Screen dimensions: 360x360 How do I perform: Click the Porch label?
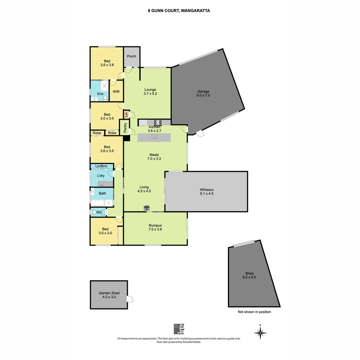pos(132,56)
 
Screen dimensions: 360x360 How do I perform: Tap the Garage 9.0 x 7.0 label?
pos(203,93)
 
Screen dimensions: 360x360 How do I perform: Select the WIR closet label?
pos(116,91)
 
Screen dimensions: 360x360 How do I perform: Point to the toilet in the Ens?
pos(105,98)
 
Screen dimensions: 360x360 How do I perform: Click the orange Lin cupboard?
pos(126,114)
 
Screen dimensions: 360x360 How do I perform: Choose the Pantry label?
pos(125,128)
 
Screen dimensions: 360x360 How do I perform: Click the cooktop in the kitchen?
pos(158,122)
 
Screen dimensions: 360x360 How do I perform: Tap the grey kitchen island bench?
pos(154,138)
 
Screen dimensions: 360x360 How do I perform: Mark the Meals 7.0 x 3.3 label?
pos(154,157)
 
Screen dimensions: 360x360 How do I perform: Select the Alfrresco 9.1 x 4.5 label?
pos(207,191)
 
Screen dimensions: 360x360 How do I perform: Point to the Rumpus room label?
pos(155,227)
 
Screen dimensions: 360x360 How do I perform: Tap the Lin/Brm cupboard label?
pos(101,166)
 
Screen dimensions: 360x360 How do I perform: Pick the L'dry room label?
pos(101,176)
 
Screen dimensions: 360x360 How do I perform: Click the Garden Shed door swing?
pos(130,299)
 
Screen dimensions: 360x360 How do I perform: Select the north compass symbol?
pos(260,332)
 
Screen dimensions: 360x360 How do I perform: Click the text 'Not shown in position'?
pos(254,312)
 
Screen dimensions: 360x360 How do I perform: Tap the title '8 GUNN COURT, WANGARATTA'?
pos(179,10)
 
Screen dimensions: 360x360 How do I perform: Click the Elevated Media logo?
pos(179,329)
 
